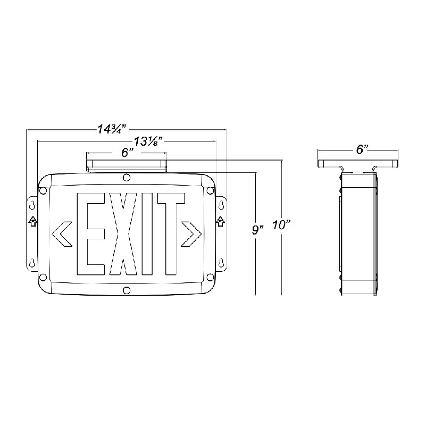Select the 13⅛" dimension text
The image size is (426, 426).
point(148,141)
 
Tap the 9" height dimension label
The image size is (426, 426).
point(258,230)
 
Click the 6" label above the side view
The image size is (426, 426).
point(362,149)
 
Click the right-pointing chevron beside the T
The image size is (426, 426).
point(193,233)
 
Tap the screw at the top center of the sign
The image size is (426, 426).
point(127,177)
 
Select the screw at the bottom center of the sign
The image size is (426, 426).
point(127,290)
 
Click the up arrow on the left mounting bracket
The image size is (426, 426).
point(32,221)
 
